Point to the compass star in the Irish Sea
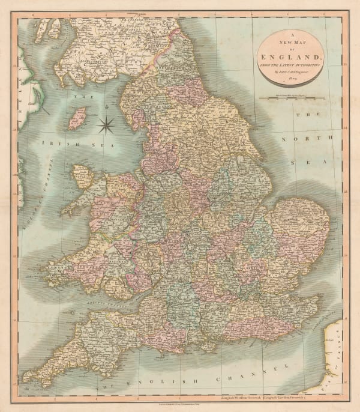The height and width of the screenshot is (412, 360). [x=106, y=125]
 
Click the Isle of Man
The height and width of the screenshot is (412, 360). [x=77, y=118]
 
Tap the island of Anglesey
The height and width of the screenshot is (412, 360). [x=82, y=177]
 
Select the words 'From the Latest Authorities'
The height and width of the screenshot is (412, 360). [x=292, y=64]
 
